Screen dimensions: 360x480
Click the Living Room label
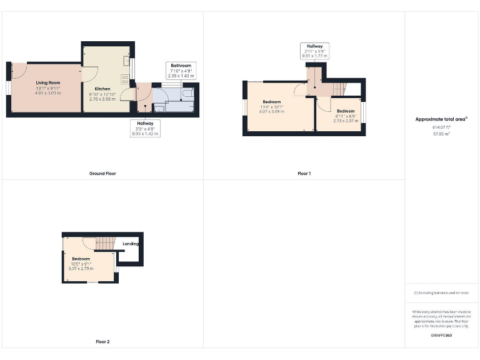tap(47, 82)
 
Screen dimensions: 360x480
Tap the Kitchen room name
tap(102, 89)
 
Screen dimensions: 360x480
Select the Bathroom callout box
tap(181, 70)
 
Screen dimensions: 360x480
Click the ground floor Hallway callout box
tap(146, 128)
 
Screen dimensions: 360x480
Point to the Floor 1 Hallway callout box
tap(314, 51)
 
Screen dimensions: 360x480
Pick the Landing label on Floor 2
tap(131, 244)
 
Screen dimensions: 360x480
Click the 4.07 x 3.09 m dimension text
tap(271, 111)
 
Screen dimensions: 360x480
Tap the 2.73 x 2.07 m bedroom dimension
tap(346, 121)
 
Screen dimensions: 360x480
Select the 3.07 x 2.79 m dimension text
tap(81, 268)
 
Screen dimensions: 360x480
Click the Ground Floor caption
tap(102, 173)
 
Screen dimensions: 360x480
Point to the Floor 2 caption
tap(102, 342)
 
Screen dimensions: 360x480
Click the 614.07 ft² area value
tap(441, 127)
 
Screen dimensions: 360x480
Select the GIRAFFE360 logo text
tap(441, 336)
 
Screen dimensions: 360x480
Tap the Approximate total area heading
tap(441, 119)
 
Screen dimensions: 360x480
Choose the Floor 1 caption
tap(304, 173)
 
